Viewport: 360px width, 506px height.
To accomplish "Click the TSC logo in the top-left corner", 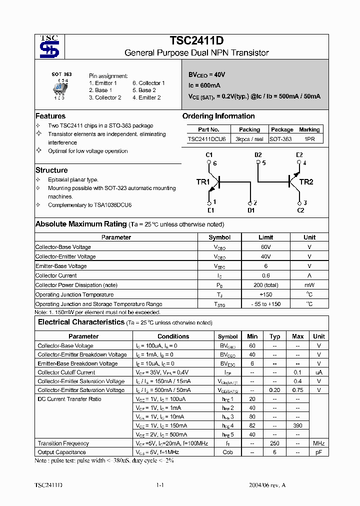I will pos(49,47).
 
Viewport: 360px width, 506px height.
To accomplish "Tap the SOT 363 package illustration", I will pos(59,89).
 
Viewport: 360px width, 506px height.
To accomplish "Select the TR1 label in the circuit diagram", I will pos(203,182).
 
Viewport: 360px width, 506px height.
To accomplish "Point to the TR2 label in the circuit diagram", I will pos(305,182).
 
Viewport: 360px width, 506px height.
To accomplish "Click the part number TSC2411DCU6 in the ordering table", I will pos(206,139).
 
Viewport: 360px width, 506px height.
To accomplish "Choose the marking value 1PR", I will pos(309,139).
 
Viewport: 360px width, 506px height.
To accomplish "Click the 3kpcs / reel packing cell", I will pos(249,139).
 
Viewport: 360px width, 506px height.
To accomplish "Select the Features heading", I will pos(50,116).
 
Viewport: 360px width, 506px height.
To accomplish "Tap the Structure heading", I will pos(51,170).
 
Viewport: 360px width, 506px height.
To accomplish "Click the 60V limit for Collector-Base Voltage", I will pos(265,247).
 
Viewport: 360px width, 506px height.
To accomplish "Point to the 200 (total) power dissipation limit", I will pos(265,285).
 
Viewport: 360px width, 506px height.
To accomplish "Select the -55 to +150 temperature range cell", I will pos(265,304).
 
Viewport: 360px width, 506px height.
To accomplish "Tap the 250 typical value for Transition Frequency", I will pos(274,443).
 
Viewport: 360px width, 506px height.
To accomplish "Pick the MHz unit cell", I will pos(318,443).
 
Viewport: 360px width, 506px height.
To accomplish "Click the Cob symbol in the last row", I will pos(228,452).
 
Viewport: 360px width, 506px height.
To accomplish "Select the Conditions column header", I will pos(173,336).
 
